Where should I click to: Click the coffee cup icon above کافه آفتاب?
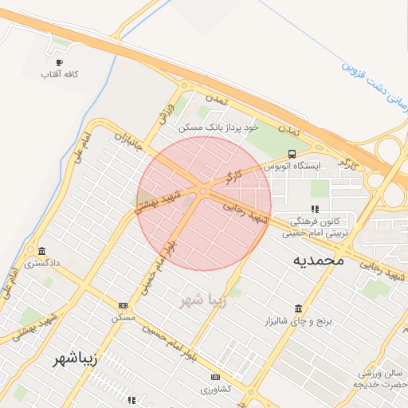[x=58, y=62]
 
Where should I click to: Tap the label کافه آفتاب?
[x=63, y=75]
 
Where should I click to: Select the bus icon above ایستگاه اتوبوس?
[x=292, y=154]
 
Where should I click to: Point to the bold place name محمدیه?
[x=318, y=259]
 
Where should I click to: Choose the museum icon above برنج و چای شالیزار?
[x=298, y=308]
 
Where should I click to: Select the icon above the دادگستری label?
[x=41, y=250]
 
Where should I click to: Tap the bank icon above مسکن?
[x=123, y=305]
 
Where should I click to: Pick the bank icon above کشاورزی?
[x=215, y=377]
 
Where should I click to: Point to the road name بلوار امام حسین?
[x=167, y=340]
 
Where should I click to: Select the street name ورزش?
[x=166, y=112]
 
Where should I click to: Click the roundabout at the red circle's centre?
[x=204, y=190]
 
